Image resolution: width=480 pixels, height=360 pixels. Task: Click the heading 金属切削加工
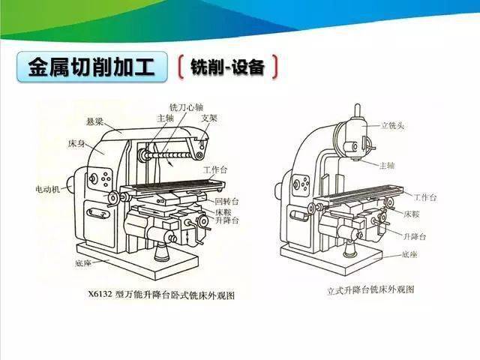pyautogui.click(x=91, y=67)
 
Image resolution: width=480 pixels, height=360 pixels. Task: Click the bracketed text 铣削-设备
pyautogui.click(x=227, y=67)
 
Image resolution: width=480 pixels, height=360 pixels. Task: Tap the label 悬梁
pyautogui.click(x=95, y=122)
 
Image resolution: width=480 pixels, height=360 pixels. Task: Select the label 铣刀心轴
pyautogui.click(x=187, y=107)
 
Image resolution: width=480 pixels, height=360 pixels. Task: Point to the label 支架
pyautogui.click(x=209, y=118)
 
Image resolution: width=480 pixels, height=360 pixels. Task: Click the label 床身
pyautogui.click(x=76, y=143)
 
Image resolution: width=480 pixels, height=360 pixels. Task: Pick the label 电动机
pyautogui.click(x=48, y=189)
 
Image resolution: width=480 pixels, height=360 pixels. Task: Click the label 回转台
pyautogui.click(x=226, y=202)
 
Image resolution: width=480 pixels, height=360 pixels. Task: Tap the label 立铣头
pyautogui.click(x=392, y=125)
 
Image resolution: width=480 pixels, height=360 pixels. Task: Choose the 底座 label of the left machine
pyautogui.click(x=83, y=263)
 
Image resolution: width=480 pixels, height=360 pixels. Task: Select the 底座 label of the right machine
pyautogui.click(x=409, y=254)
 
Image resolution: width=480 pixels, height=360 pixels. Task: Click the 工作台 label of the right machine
pyautogui.click(x=425, y=197)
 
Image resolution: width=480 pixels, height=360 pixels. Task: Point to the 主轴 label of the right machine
pyautogui.click(x=387, y=166)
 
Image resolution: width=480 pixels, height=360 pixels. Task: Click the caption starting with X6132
pyautogui.click(x=162, y=295)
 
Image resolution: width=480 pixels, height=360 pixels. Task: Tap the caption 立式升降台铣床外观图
pyautogui.click(x=370, y=289)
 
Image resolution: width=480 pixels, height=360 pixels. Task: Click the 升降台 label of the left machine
pyautogui.click(x=227, y=220)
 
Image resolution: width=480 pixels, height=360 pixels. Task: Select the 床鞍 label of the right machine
pyautogui.click(x=412, y=214)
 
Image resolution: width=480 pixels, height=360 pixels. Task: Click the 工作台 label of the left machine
pyautogui.click(x=215, y=169)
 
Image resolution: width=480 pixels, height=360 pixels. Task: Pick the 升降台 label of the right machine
pyautogui.click(x=415, y=237)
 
